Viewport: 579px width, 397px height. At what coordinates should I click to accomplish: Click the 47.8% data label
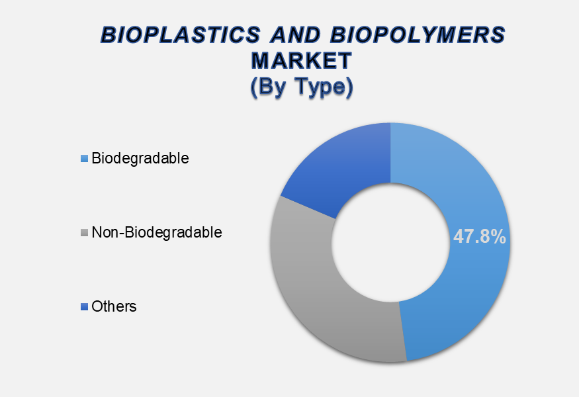tap(479, 237)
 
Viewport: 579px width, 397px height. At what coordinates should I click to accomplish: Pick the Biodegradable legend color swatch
tap(84, 158)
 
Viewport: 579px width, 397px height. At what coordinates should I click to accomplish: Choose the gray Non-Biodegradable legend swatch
tap(84, 233)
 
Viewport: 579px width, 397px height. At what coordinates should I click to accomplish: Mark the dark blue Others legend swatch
tap(84, 306)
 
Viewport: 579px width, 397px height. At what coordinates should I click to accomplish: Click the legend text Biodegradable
tap(140, 158)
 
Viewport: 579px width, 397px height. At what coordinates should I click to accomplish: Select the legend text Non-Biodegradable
tap(157, 233)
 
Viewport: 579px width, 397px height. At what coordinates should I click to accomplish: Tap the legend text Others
tap(114, 306)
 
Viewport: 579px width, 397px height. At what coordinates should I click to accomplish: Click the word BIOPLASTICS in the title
tap(181, 35)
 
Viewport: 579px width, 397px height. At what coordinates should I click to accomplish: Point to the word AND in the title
tap(294, 35)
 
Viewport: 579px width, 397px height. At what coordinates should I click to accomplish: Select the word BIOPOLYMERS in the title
tap(418, 35)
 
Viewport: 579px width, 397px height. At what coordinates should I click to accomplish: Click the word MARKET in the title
tap(302, 61)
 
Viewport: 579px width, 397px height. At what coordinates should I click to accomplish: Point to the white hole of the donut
tap(390, 242)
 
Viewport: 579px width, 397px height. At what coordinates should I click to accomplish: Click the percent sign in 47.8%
tap(498, 237)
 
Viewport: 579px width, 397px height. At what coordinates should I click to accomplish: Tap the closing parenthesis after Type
tap(349, 87)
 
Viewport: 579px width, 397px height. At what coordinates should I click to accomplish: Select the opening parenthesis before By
tap(254, 87)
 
